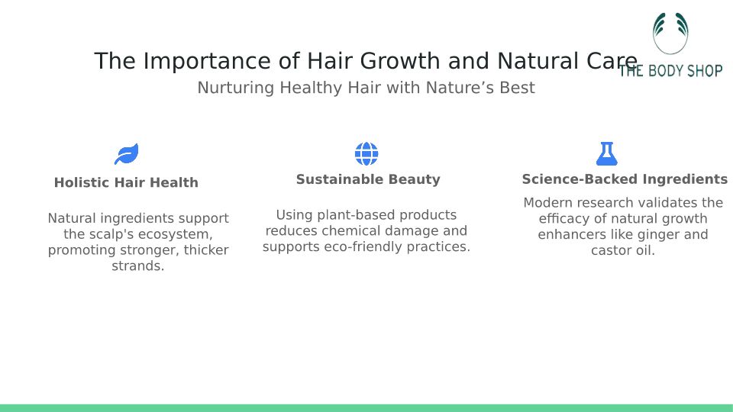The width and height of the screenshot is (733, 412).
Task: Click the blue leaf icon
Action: [127, 154]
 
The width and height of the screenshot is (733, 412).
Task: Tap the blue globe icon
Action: [366, 153]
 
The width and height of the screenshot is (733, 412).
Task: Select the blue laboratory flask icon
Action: [607, 153]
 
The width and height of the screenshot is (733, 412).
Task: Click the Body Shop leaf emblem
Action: [671, 33]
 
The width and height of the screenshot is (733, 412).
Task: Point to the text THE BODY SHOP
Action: [671, 71]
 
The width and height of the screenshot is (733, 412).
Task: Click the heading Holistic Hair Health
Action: [126, 182]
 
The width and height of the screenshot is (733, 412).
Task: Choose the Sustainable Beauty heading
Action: [368, 179]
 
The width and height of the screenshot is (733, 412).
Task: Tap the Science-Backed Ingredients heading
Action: [625, 179]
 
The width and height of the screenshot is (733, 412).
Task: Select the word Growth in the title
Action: [399, 61]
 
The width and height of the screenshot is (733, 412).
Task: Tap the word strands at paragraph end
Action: [137, 266]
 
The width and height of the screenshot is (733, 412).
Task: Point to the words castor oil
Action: [623, 250]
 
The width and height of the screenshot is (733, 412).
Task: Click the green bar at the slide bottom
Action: [366, 408]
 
